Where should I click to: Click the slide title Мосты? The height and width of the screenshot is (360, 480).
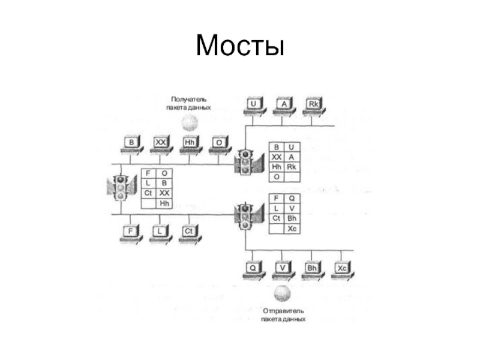pos(239,46)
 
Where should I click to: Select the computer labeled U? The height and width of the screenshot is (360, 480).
pos(255,105)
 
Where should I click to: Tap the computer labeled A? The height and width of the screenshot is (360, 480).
pos(284,105)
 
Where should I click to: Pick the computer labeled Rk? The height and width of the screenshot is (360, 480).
pos(313,105)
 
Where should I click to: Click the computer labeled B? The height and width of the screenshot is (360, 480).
pos(132,143)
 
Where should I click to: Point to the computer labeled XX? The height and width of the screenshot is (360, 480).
pos(161,143)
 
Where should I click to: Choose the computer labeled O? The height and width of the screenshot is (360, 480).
pos(219,143)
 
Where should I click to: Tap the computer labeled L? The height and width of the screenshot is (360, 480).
pos(160,232)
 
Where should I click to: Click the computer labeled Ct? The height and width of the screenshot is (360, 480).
pos(188,232)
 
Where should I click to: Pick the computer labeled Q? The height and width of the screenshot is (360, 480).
pos(254,268)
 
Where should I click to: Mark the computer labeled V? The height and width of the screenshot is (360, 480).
pos(283,268)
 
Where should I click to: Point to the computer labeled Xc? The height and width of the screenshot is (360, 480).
pos(342,268)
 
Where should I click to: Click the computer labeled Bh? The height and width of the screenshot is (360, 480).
pos(312,268)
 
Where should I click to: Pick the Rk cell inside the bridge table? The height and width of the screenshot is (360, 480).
pos(292,167)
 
